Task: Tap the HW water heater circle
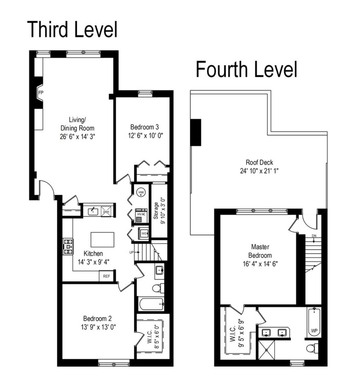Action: click(141, 193)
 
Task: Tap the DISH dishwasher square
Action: click(107, 211)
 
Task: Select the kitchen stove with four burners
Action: click(68, 246)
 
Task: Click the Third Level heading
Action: click(72, 29)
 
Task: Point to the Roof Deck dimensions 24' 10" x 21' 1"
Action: click(259, 170)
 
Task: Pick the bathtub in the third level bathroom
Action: click(151, 304)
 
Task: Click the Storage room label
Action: click(156, 210)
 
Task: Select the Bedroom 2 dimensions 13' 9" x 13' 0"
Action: click(96, 326)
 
